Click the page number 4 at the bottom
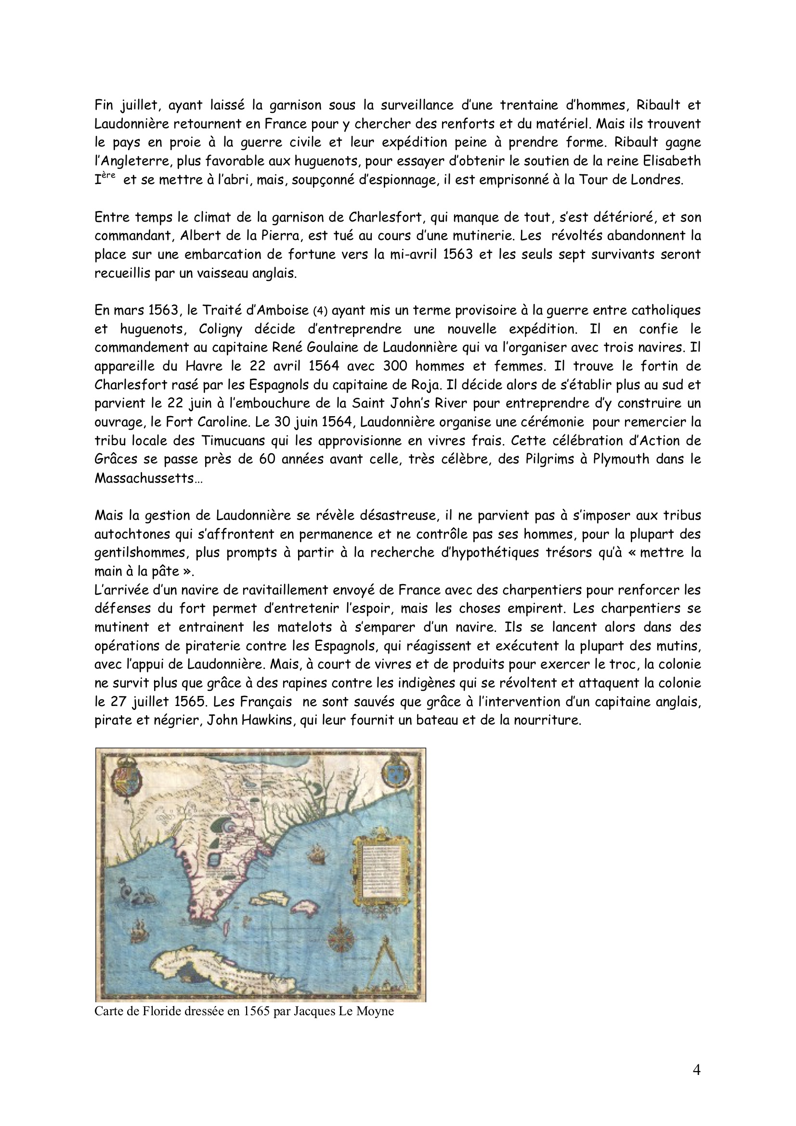696,1070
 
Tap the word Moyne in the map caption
377,1011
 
